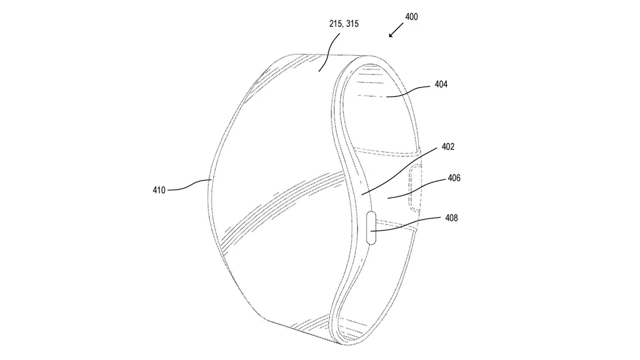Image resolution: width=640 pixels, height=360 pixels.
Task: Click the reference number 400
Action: click(x=411, y=17)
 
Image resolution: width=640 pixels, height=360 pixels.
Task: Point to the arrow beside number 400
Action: click(x=396, y=30)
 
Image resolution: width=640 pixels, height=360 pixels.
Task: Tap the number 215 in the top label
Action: click(x=336, y=23)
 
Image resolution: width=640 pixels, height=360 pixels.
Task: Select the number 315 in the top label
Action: click(x=352, y=23)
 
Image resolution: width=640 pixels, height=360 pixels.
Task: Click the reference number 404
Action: click(x=441, y=85)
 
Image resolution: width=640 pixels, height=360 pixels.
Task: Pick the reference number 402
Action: click(x=448, y=147)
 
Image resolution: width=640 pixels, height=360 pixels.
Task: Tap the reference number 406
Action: click(x=454, y=178)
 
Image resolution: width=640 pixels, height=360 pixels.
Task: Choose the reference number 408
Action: click(x=451, y=218)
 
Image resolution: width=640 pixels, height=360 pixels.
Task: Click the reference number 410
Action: click(x=159, y=190)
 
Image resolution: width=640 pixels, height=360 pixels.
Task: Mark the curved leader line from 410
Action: click(x=189, y=186)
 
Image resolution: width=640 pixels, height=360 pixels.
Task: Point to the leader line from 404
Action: click(x=408, y=91)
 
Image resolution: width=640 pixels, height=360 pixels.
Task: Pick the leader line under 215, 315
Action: click(x=330, y=52)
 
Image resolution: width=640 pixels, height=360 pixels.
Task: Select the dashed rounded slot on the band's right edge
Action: click(x=415, y=188)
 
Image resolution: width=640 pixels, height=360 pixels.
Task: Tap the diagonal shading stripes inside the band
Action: click(x=282, y=208)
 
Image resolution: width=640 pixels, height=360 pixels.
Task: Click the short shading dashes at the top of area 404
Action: click(x=369, y=82)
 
